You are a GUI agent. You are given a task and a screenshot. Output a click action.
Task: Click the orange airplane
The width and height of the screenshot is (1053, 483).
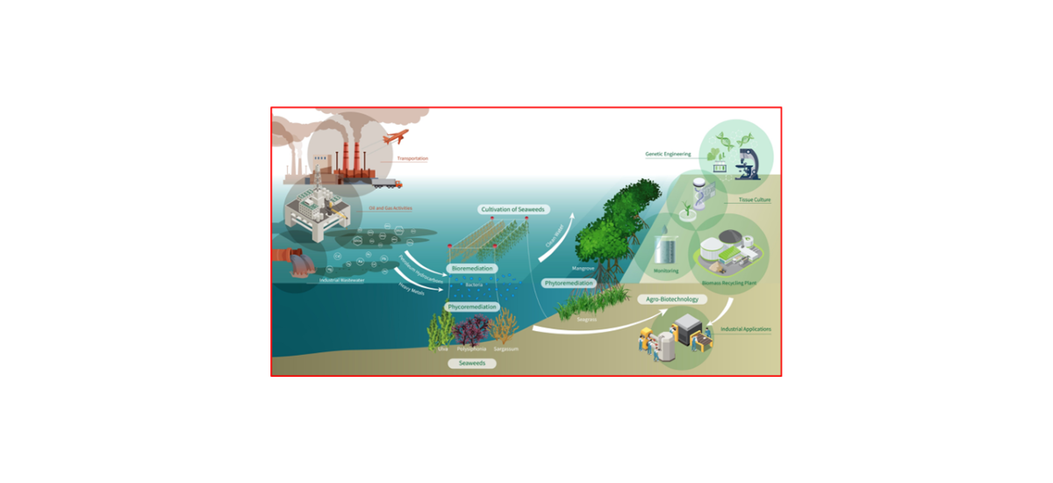point(391,139)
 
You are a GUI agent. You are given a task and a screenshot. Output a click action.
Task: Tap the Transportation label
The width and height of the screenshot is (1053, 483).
point(412,159)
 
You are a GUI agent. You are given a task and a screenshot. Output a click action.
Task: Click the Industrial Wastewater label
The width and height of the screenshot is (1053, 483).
point(341,280)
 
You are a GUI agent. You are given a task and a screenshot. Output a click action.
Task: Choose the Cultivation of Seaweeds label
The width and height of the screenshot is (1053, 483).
point(513,209)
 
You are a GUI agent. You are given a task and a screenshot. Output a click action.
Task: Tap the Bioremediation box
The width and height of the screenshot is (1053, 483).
point(472,268)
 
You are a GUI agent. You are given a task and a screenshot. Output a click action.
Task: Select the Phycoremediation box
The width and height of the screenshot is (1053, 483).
point(472,307)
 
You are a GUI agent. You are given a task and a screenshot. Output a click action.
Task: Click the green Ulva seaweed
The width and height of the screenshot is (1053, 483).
point(441,330)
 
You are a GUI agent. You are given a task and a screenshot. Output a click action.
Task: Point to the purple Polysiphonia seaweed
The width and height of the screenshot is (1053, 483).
point(472,332)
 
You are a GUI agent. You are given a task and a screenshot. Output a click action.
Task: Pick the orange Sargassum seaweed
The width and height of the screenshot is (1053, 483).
point(505,329)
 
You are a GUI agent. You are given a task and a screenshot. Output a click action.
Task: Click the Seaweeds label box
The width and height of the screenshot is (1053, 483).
point(471,363)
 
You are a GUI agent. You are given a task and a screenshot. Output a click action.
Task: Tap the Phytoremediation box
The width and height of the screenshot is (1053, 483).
point(569,284)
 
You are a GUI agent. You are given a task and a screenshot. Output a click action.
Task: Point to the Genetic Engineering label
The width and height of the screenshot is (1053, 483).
point(668,154)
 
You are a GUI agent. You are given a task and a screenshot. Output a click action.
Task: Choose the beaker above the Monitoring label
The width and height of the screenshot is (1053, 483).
point(666,249)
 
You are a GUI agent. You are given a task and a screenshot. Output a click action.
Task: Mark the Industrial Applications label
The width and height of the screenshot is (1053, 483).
point(745,329)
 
